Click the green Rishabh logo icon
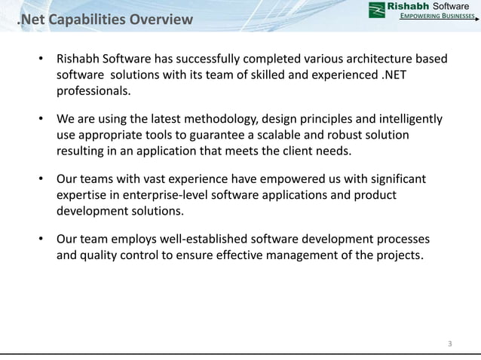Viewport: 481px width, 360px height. pos(375,10)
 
